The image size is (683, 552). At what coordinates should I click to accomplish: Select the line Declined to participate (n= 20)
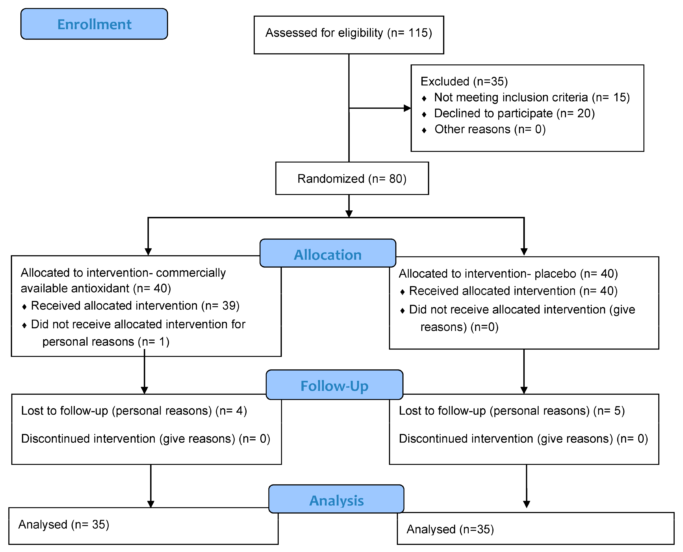click(x=514, y=113)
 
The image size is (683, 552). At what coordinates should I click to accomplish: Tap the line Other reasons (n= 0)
click(x=490, y=129)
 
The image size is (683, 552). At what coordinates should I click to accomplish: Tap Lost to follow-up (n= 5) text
click(x=512, y=411)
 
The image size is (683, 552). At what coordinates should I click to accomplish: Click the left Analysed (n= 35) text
click(x=64, y=524)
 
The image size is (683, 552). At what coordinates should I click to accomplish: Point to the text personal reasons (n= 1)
click(x=106, y=342)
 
